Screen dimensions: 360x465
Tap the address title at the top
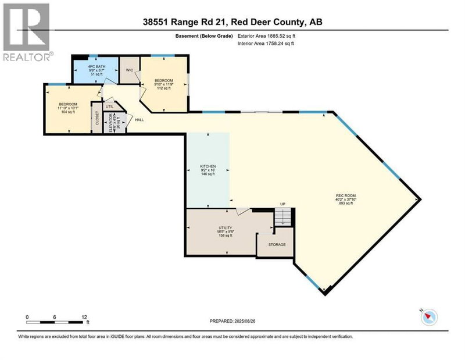click(x=232, y=22)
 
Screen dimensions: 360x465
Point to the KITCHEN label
click(x=208, y=169)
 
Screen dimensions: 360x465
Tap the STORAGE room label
click(x=277, y=244)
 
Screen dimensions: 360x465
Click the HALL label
click(x=139, y=120)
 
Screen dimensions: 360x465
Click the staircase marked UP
click(x=282, y=218)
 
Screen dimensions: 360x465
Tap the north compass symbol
click(x=429, y=317)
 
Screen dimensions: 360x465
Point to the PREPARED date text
click(x=232, y=320)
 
